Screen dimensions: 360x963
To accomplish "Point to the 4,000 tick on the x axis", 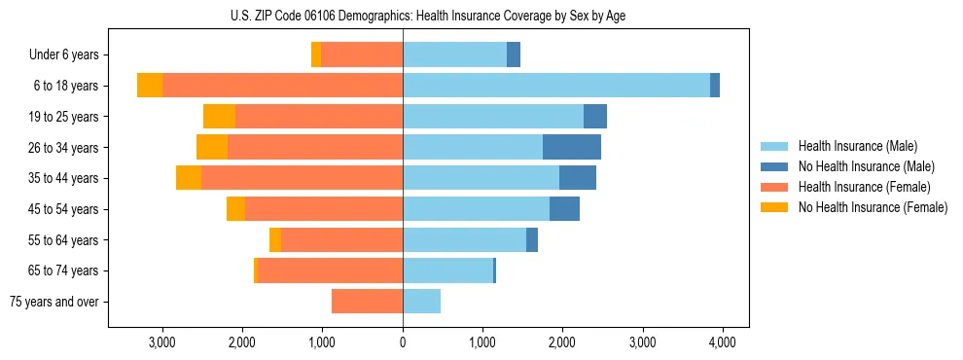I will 721,342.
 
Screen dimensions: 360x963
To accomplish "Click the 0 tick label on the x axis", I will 403,342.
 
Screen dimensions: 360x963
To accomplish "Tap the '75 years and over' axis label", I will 54,302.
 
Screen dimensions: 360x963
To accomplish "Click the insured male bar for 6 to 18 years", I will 555,86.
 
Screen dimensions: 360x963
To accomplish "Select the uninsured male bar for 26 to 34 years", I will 572,147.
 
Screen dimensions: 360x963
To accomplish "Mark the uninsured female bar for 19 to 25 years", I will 219,117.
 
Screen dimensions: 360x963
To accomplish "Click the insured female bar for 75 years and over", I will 367,302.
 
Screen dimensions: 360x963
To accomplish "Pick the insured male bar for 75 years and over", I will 421,302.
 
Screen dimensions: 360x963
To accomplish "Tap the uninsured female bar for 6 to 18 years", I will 150,86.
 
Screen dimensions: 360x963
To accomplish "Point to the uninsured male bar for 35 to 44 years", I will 578,178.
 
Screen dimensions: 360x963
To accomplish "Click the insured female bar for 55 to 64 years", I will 341,239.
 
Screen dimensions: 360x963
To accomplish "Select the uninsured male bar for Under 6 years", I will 514,55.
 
